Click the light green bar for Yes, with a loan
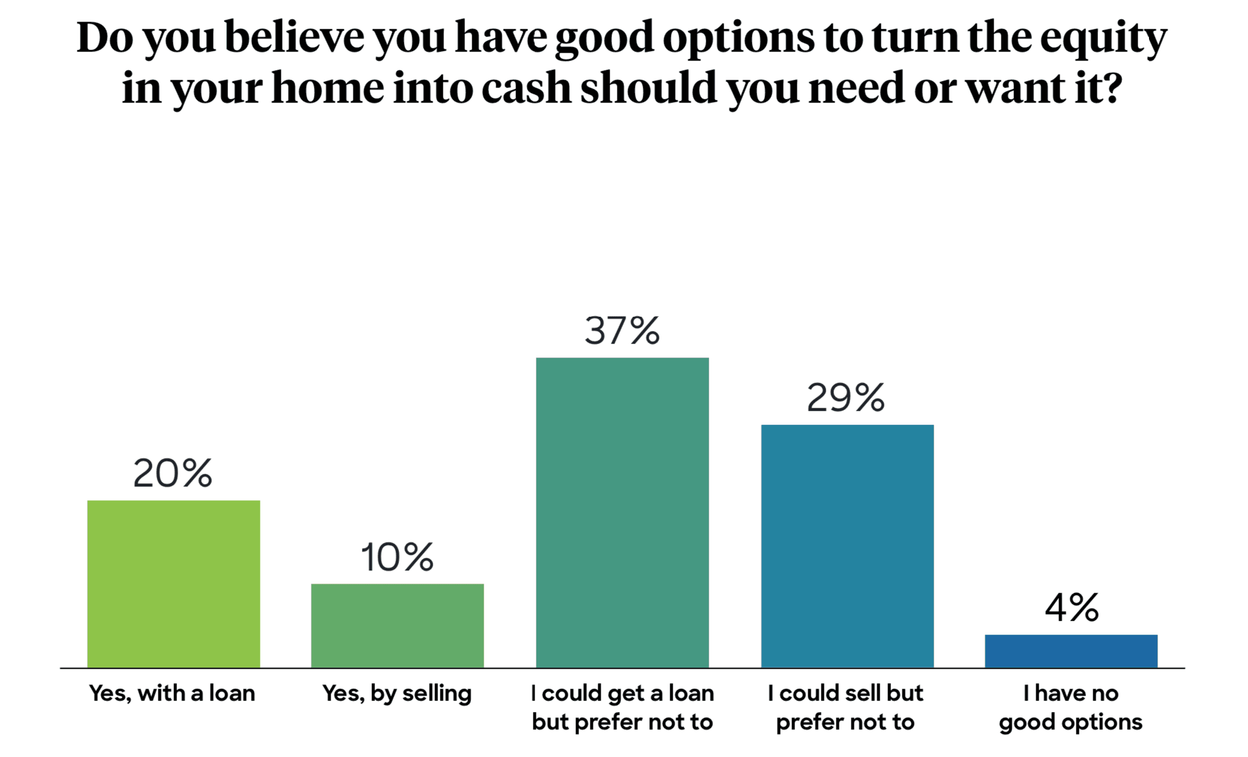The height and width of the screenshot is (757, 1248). coord(173,584)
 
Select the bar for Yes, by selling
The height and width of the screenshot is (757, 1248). coord(397,626)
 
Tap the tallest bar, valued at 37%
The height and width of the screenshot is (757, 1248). coord(622,512)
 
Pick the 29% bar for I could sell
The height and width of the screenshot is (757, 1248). coord(847,546)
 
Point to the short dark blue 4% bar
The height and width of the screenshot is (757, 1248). coord(1071,651)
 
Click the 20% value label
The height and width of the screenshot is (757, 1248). coord(173,473)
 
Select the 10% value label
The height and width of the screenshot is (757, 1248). coord(397,557)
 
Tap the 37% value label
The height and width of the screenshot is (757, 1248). coord(622,331)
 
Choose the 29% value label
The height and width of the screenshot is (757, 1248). coord(846,398)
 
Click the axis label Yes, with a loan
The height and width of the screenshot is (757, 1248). coord(172,693)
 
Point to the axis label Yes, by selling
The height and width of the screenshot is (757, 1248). coord(397,694)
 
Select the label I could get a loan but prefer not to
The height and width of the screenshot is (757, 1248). coord(622,708)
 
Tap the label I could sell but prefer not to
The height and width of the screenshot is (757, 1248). coord(845,708)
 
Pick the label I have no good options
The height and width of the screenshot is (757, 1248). coord(1071,708)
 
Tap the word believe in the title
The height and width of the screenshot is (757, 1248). coord(295,37)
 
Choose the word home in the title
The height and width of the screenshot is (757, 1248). coord(328,88)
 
